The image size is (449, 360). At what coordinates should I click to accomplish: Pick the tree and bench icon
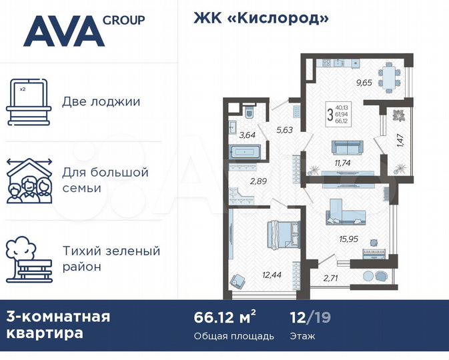(x=28, y=259)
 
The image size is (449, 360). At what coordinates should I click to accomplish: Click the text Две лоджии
(x=101, y=102)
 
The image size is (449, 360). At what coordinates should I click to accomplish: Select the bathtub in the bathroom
(x=245, y=152)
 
